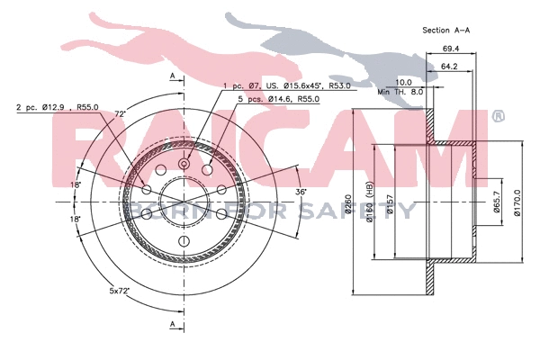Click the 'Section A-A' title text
tap(445, 30)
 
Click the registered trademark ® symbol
tap(499, 117)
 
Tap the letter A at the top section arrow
tap(171, 76)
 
